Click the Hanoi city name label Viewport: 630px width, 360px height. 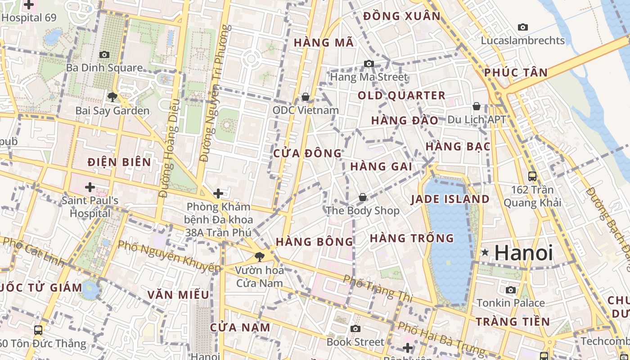pyautogui.click(x=524, y=253)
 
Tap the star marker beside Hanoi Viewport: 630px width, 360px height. pyautogui.click(x=485, y=252)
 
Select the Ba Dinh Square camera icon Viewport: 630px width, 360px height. pyautogui.click(x=104, y=54)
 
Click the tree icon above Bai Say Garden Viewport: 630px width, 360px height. pyautogui.click(x=112, y=96)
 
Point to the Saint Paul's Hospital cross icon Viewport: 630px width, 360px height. pyautogui.click(x=90, y=187)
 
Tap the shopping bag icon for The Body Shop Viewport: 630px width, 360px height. pyautogui.click(x=363, y=197)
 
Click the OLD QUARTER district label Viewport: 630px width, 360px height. pyautogui.click(x=401, y=95)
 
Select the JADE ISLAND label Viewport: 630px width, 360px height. pyautogui.click(x=450, y=199)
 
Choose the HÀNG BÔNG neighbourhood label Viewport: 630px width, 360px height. pyautogui.click(x=315, y=242)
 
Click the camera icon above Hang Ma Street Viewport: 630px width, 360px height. pyautogui.click(x=369, y=63)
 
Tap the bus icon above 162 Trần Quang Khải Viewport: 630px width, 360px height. pyautogui.click(x=532, y=176)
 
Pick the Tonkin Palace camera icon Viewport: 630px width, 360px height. pyautogui.click(x=511, y=290)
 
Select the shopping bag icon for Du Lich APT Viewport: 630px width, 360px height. pyautogui.click(x=477, y=106)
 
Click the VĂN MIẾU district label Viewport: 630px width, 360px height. pyautogui.click(x=178, y=295)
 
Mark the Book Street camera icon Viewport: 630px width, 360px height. pyautogui.click(x=355, y=328)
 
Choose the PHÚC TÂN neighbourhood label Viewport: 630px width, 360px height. pyautogui.click(x=516, y=72)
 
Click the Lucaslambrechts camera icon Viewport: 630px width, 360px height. pyautogui.click(x=523, y=27)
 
